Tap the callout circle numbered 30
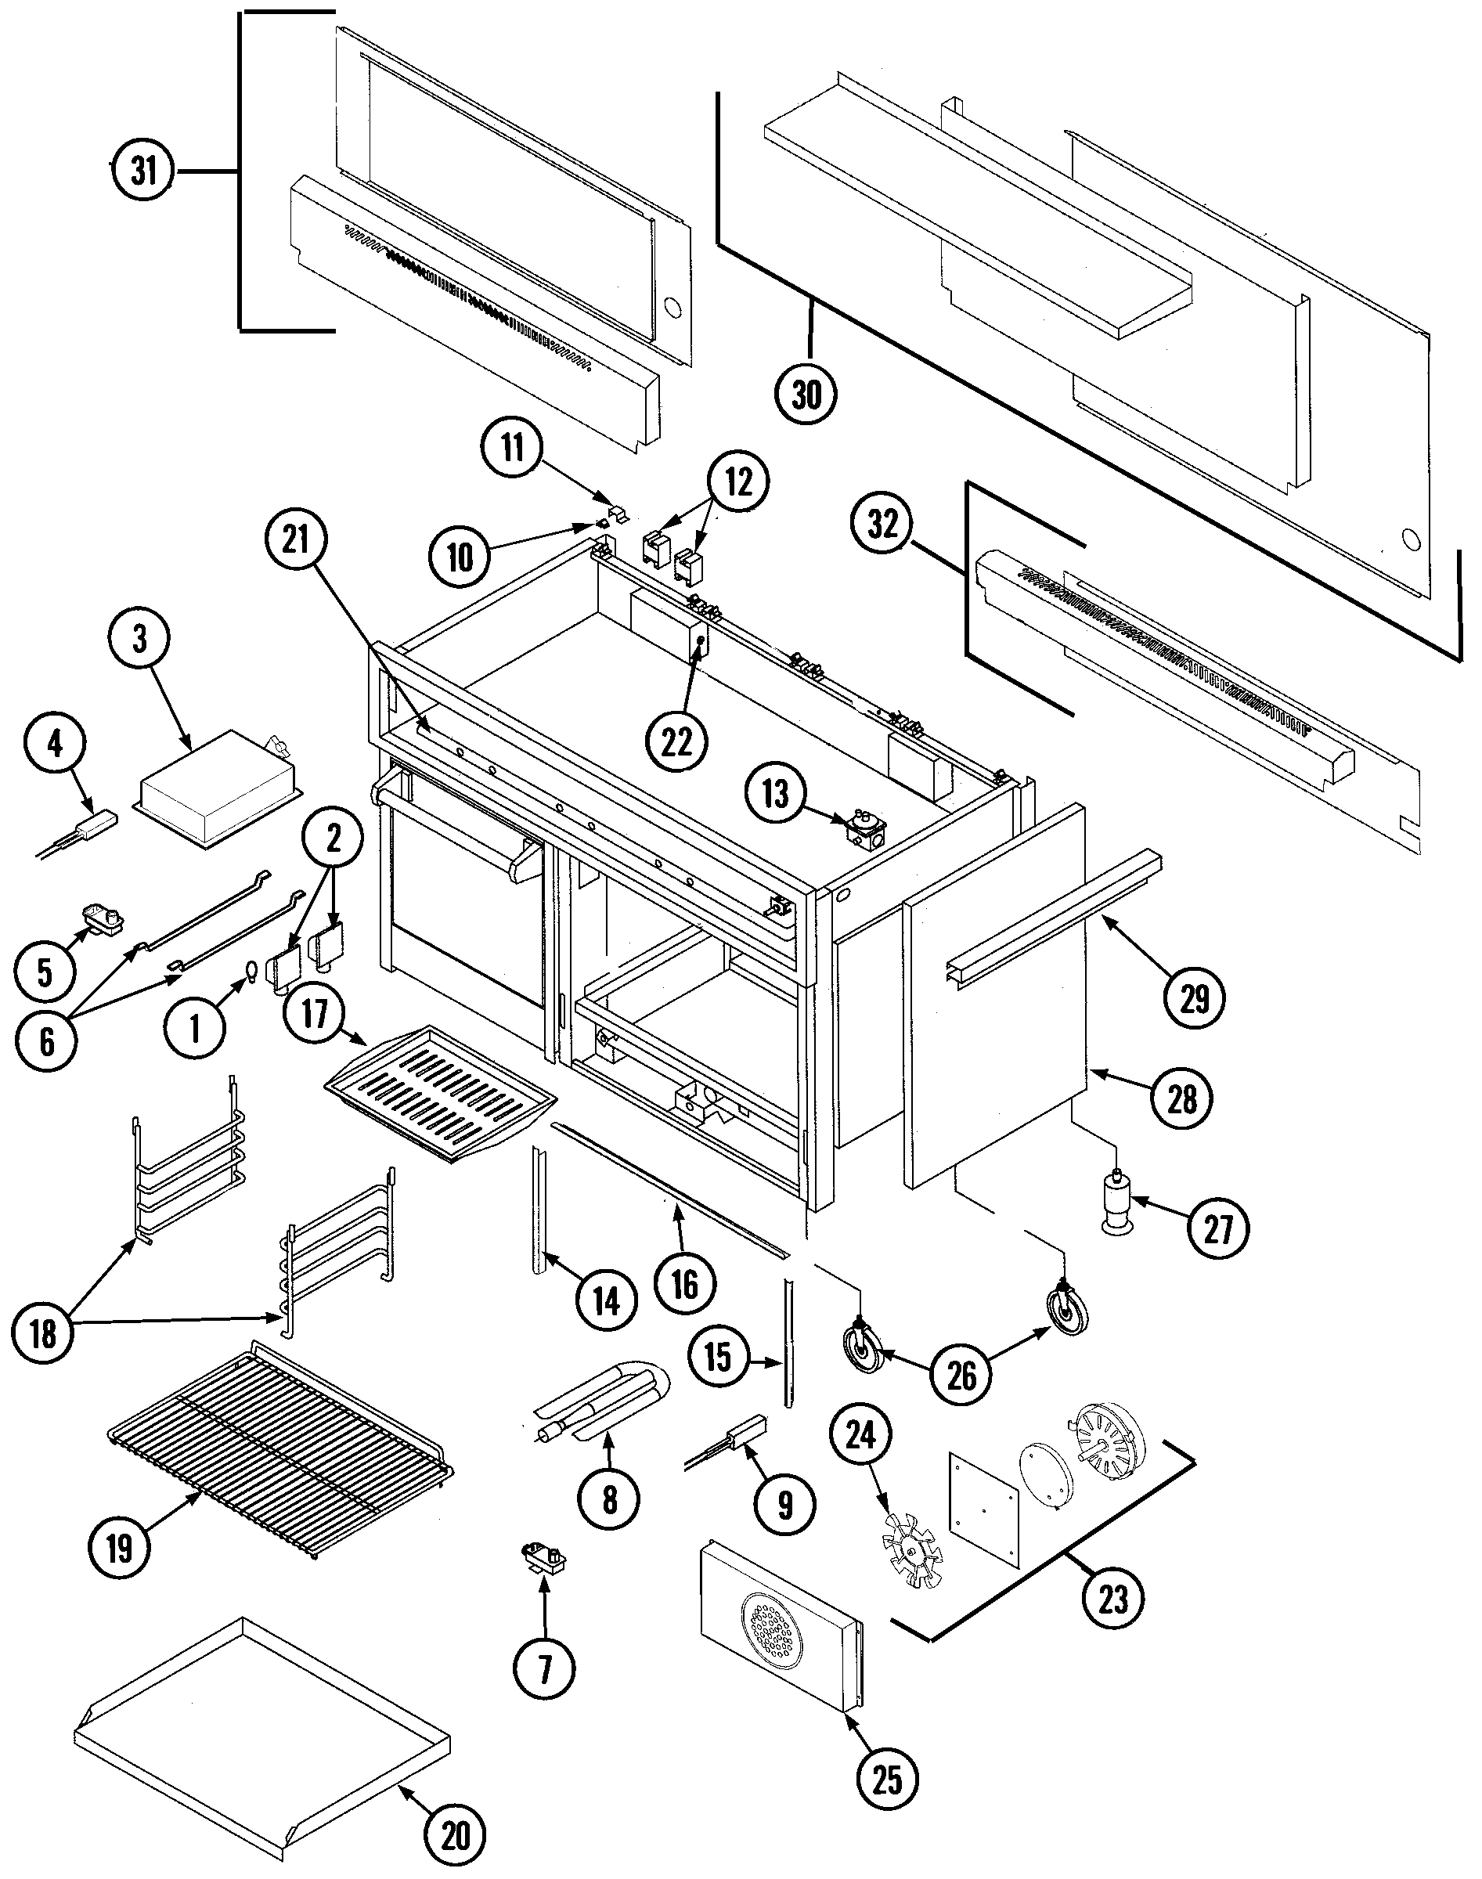point(806,395)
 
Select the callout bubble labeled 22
point(676,741)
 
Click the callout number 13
point(775,793)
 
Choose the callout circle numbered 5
point(45,972)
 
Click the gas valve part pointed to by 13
point(864,830)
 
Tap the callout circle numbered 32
point(882,524)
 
